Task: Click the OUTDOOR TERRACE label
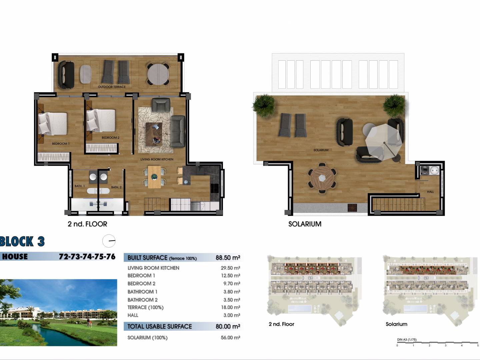tap(112, 87)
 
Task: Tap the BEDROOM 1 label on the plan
tap(61, 144)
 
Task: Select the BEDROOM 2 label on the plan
tap(110, 137)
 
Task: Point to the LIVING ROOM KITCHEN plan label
tap(157, 159)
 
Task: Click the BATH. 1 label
tap(80, 186)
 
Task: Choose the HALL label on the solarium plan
tap(430, 192)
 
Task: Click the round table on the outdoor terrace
tap(158, 74)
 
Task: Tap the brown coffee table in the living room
tap(154, 134)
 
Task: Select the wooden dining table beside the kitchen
tap(154, 177)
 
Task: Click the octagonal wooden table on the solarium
tap(322, 178)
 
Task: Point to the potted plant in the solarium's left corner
tap(264, 105)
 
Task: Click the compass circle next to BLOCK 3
tap(109, 241)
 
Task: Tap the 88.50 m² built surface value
tap(228, 257)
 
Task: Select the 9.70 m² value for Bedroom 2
tap(232, 283)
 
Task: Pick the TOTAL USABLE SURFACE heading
tap(160, 326)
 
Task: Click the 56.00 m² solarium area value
tap(230, 337)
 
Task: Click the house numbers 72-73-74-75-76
tap(87, 257)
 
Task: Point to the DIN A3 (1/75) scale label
tap(407, 339)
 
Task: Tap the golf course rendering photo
tap(58, 313)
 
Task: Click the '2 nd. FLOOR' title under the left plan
tap(87, 224)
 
